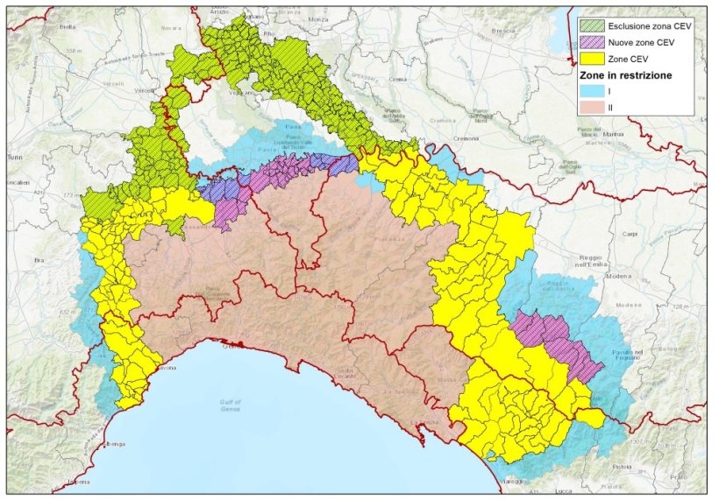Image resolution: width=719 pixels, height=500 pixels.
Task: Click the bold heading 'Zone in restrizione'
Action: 626,75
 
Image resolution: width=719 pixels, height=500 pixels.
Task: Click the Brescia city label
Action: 503,30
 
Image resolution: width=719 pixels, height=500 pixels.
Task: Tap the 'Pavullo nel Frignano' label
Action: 645,352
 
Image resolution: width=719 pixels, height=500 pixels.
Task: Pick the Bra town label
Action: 38,260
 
